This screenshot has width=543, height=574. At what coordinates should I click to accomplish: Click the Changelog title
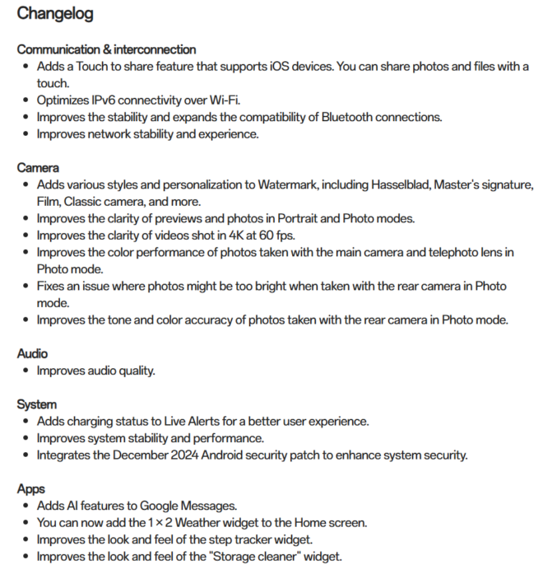[55, 14]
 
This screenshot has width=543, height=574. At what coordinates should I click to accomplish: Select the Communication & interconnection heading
[106, 49]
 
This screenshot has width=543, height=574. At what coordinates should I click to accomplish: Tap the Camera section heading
[38, 167]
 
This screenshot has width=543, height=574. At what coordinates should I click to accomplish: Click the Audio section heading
[32, 353]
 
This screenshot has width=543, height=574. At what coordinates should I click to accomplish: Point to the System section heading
[37, 404]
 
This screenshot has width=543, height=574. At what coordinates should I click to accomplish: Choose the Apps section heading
[31, 488]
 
